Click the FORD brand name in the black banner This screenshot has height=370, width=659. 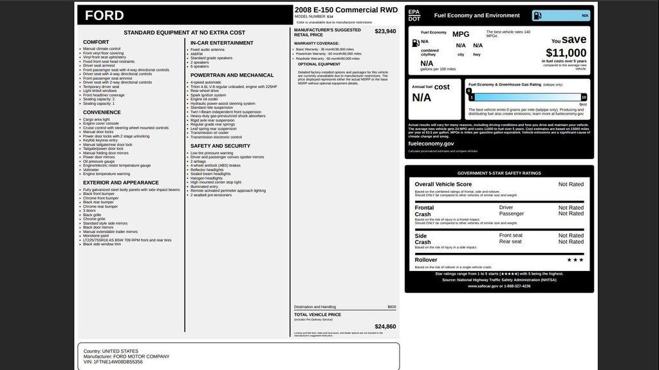pyautogui.click(x=104, y=15)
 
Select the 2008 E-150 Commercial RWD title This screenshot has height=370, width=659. pyautogui.click(x=346, y=10)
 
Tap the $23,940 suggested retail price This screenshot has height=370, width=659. pyautogui.click(x=385, y=31)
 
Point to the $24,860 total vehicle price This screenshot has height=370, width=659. pyautogui.click(x=385, y=326)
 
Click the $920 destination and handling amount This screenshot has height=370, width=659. pyautogui.click(x=391, y=307)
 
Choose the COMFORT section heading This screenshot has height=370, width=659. pyautogui.click(x=96, y=42)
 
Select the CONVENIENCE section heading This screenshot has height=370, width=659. pyautogui.click(x=102, y=113)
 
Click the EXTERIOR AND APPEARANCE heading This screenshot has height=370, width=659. pyautogui.click(x=121, y=183)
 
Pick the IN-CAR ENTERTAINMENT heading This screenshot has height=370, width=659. pyautogui.click(x=221, y=43)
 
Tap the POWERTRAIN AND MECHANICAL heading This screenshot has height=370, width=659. pyautogui.click(x=232, y=75)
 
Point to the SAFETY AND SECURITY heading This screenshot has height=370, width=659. pyautogui.click(x=220, y=146)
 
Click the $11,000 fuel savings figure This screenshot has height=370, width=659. pyautogui.click(x=566, y=53)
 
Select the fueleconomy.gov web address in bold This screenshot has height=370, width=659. pyautogui.click(x=431, y=143)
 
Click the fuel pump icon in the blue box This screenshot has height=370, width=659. pyautogui.click(x=537, y=15)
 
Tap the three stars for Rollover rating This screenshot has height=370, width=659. pyautogui.click(x=575, y=260)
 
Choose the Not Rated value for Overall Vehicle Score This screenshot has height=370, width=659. pyautogui.click(x=571, y=184)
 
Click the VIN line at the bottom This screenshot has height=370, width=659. pyautogui.click(x=113, y=362)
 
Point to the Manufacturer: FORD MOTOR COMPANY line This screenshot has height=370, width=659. pyautogui.click(x=126, y=356)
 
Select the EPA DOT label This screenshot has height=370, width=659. pyautogui.click(x=414, y=15)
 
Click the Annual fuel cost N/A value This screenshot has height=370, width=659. pyautogui.click(x=422, y=98)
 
